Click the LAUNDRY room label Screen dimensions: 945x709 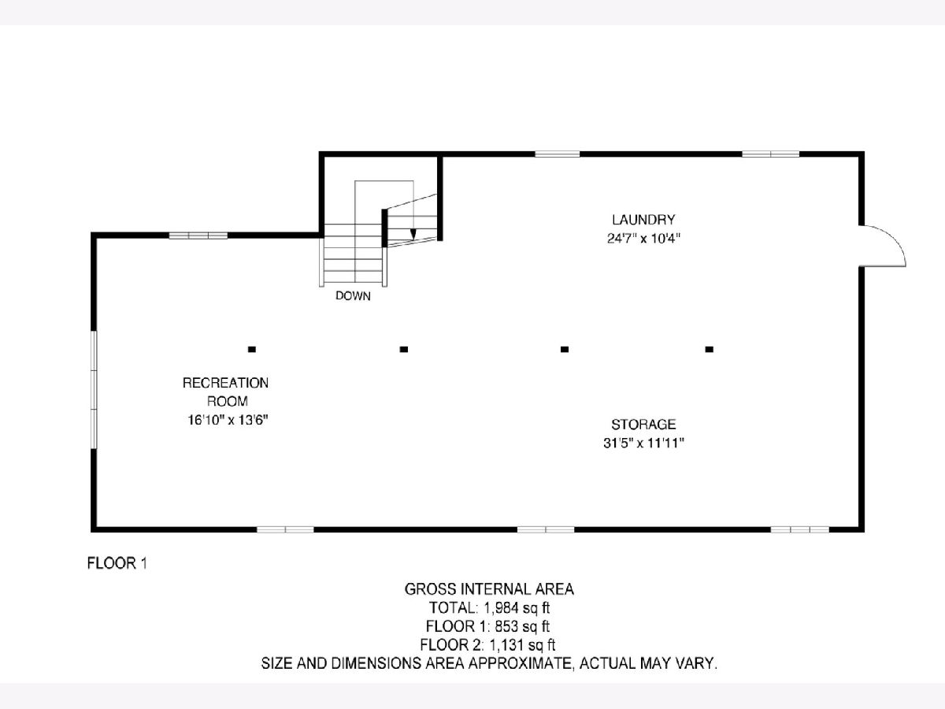(x=643, y=220)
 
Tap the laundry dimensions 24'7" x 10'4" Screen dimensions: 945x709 (x=643, y=239)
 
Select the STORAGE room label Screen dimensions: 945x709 (x=643, y=425)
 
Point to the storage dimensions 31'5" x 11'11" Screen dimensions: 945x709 (x=643, y=443)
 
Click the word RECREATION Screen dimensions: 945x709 (x=225, y=383)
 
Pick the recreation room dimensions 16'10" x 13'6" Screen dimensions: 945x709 (x=228, y=420)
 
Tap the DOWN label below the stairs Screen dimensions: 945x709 (x=353, y=295)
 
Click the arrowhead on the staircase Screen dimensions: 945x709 (x=413, y=234)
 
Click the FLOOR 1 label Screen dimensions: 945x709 (x=117, y=563)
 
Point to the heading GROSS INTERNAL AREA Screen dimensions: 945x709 (x=489, y=589)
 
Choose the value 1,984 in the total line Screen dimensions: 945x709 (x=501, y=608)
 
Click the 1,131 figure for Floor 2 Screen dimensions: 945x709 (x=506, y=645)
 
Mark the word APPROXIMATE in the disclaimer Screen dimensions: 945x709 (x=520, y=663)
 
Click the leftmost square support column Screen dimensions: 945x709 (x=252, y=349)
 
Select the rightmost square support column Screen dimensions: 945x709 (x=709, y=349)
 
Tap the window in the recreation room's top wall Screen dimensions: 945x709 (x=198, y=236)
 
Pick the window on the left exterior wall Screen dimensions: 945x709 (x=94, y=390)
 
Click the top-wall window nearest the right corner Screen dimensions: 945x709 (x=771, y=154)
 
